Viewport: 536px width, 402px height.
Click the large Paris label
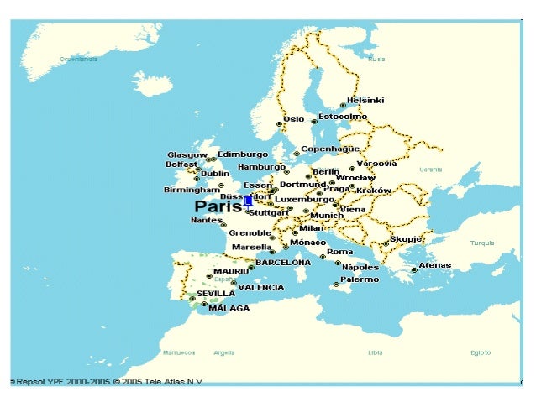coord(218,206)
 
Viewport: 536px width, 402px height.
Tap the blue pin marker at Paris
coord(248,201)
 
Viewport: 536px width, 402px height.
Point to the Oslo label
coord(293,119)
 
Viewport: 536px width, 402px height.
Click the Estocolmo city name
coord(342,117)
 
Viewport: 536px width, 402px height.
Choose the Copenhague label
coord(330,149)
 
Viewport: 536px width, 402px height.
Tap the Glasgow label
coord(187,155)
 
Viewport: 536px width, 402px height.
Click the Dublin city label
coord(215,174)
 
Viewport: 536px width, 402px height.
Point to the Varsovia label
coord(376,164)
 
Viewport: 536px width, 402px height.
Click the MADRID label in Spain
coord(231,272)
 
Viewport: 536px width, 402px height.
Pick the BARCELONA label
coord(283,263)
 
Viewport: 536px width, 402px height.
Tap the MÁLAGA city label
coord(229,308)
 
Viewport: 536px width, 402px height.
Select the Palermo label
coord(359,279)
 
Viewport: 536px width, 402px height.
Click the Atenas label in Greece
coord(434,265)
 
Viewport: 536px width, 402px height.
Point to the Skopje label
coord(407,239)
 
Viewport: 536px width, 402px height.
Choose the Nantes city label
coord(207,220)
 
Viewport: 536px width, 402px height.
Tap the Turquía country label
coord(482,243)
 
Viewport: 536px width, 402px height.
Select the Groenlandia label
coord(78,60)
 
